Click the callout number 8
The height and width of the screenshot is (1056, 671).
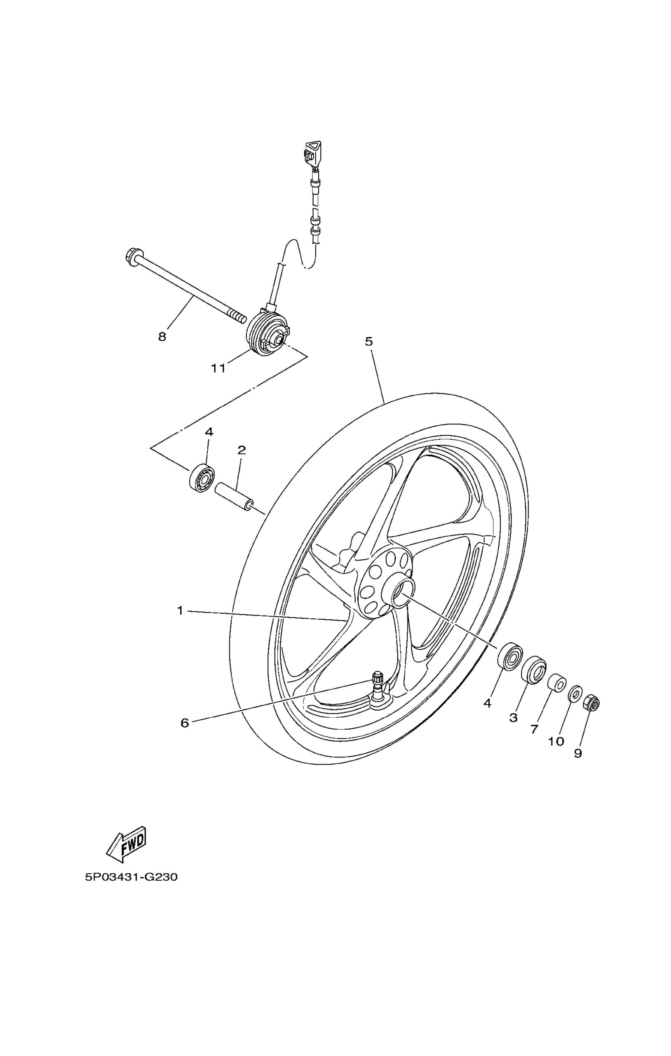click(162, 337)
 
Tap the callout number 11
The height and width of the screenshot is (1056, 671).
click(218, 368)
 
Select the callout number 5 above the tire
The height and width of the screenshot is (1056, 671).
click(369, 341)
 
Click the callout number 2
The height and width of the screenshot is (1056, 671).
click(242, 450)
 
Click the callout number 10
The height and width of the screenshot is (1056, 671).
click(556, 742)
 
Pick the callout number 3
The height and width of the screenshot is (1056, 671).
click(513, 718)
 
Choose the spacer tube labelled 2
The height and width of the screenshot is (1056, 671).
click(235, 496)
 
